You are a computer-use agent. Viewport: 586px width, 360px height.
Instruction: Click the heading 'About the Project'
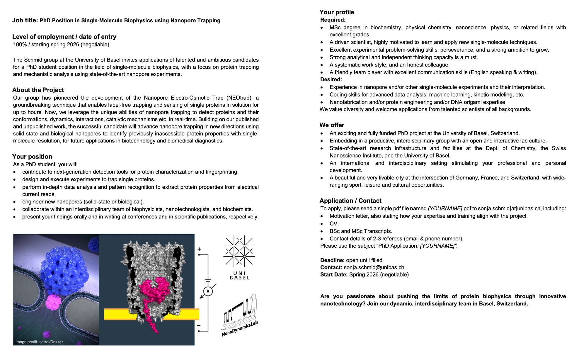click(x=38, y=90)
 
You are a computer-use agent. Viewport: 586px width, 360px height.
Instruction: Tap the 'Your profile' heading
click(x=337, y=12)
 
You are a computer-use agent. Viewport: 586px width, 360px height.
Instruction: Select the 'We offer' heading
click(x=332, y=125)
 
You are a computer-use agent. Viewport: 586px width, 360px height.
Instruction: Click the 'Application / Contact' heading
click(x=350, y=201)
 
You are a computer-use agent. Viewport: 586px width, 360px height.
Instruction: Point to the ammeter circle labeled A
click(x=208, y=291)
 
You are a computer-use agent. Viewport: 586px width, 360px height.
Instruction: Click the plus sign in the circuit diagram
click(x=199, y=249)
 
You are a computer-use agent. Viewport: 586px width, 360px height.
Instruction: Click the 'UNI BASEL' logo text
click(x=240, y=276)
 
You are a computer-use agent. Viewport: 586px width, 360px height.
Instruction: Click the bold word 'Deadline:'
click(x=332, y=260)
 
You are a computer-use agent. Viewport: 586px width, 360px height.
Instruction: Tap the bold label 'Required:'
click(x=333, y=20)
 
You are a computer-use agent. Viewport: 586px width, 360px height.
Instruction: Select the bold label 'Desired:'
click(x=331, y=79)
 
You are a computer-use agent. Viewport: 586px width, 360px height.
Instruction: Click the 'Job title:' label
click(x=25, y=20)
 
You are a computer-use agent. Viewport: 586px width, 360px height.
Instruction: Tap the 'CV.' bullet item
click(x=334, y=224)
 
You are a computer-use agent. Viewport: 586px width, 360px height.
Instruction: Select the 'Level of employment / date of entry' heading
click(x=64, y=37)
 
